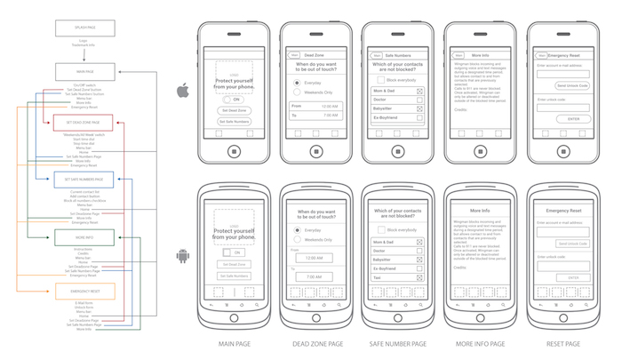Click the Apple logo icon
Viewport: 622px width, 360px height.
(182, 90)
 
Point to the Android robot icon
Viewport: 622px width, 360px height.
(182, 258)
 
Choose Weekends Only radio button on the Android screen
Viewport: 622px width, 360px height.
(297, 240)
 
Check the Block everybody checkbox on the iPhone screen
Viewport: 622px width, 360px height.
(380, 79)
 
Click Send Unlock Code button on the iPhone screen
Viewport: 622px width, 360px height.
(572, 85)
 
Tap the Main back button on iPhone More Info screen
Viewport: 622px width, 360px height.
(459, 55)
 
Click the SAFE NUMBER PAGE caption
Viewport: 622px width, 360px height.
(398, 343)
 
